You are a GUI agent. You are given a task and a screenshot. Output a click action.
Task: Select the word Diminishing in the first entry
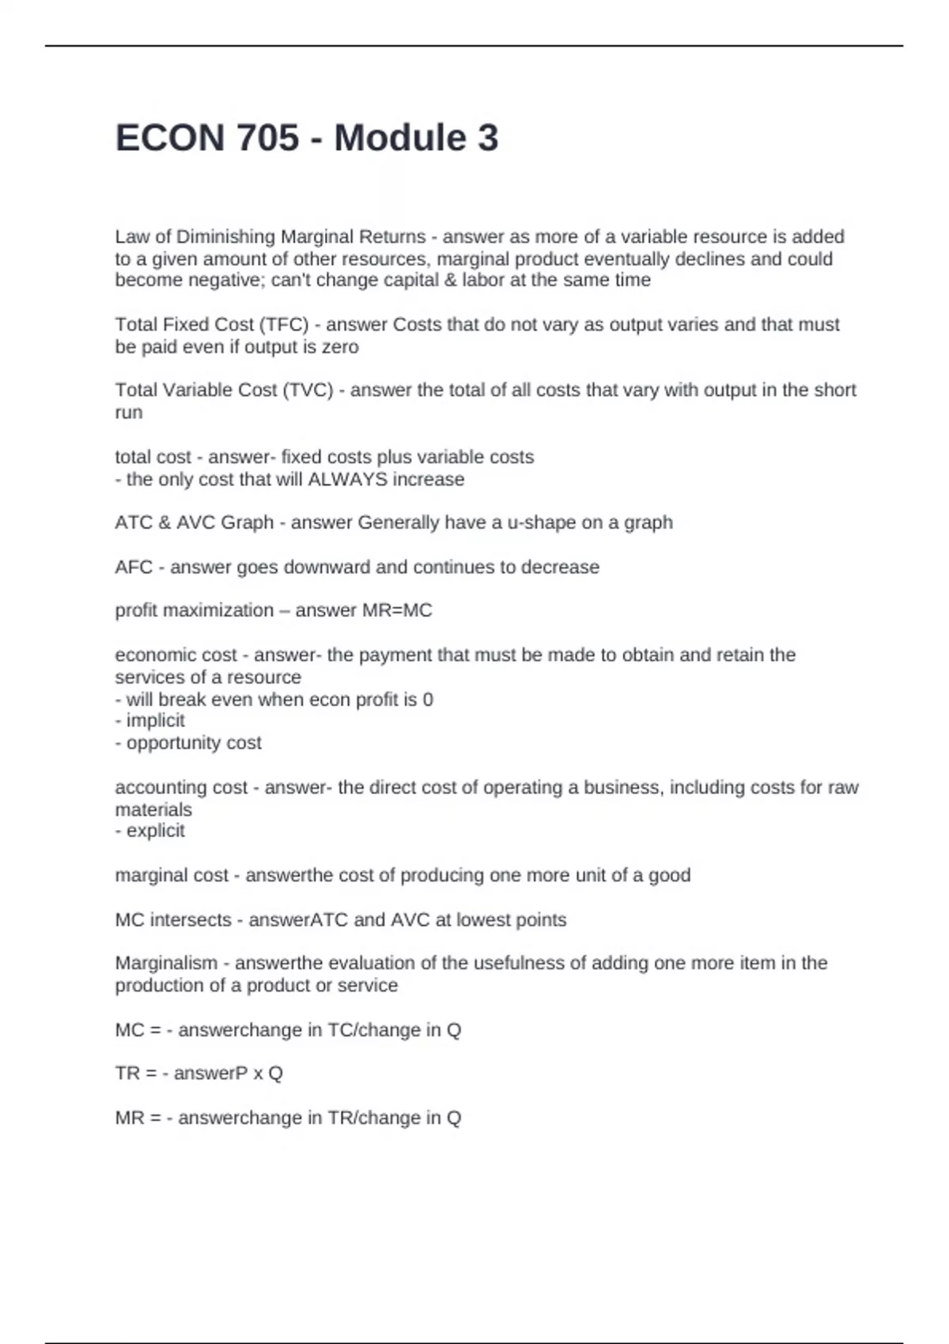coord(225,236)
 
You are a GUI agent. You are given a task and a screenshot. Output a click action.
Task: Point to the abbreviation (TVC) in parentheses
coord(308,390)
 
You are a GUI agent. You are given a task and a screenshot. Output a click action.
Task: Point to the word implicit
coord(155,720)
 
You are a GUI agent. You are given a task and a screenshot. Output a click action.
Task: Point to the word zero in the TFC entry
coord(340,347)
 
